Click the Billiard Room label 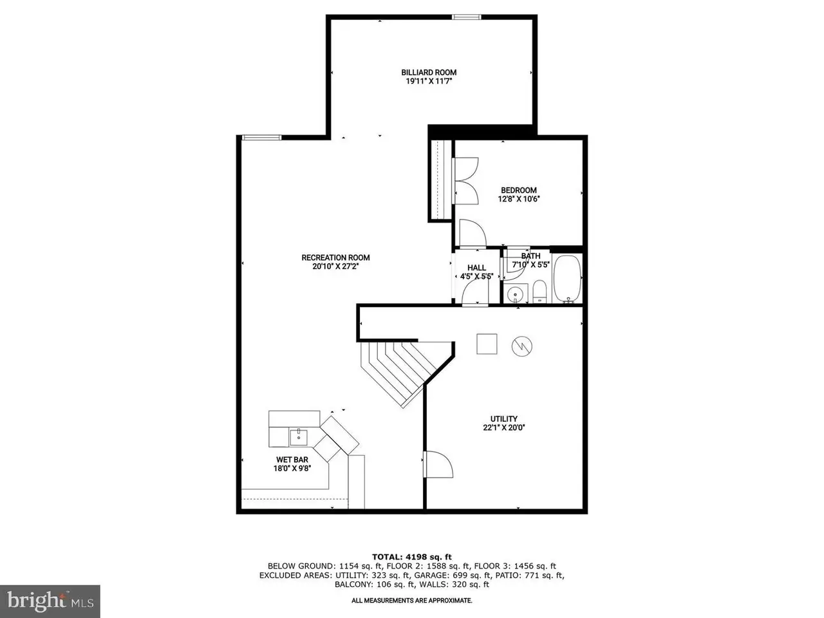click(x=428, y=72)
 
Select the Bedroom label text click(x=518, y=191)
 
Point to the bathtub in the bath click(x=567, y=278)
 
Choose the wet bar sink click(x=299, y=437)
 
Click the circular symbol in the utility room click(x=522, y=346)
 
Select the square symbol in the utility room click(x=487, y=344)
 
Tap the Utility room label click(x=504, y=418)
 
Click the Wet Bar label click(x=292, y=460)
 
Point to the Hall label click(x=477, y=268)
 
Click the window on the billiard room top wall click(x=466, y=17)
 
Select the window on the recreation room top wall click(x=261, y=138)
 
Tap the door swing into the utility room click(x=438, y=464)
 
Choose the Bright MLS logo click(x=50, y=601)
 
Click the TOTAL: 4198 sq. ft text click(x=412, y=557)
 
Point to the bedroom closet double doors click(x=465, y=181)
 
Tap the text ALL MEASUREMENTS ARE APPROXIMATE click(x=412, y=601)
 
